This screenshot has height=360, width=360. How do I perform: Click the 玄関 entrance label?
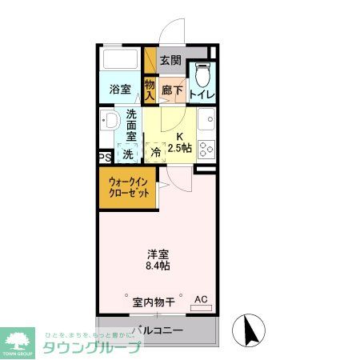170,60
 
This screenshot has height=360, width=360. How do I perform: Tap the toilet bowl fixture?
203,76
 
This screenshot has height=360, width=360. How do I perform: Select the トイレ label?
201,94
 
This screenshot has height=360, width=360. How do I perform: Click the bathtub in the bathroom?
122,61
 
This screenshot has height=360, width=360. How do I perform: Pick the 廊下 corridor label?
171,90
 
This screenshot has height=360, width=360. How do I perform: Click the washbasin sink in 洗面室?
109,122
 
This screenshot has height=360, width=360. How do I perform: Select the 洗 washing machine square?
127,152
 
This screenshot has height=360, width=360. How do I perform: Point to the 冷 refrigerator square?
156,152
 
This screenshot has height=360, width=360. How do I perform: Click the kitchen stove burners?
206,149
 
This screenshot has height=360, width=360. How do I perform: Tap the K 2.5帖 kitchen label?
180,142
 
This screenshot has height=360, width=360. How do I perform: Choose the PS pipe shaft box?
105,157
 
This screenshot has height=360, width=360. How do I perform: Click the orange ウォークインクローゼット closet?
127,189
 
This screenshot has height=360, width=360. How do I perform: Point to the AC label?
201,299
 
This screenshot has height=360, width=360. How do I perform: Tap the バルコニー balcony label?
158,330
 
